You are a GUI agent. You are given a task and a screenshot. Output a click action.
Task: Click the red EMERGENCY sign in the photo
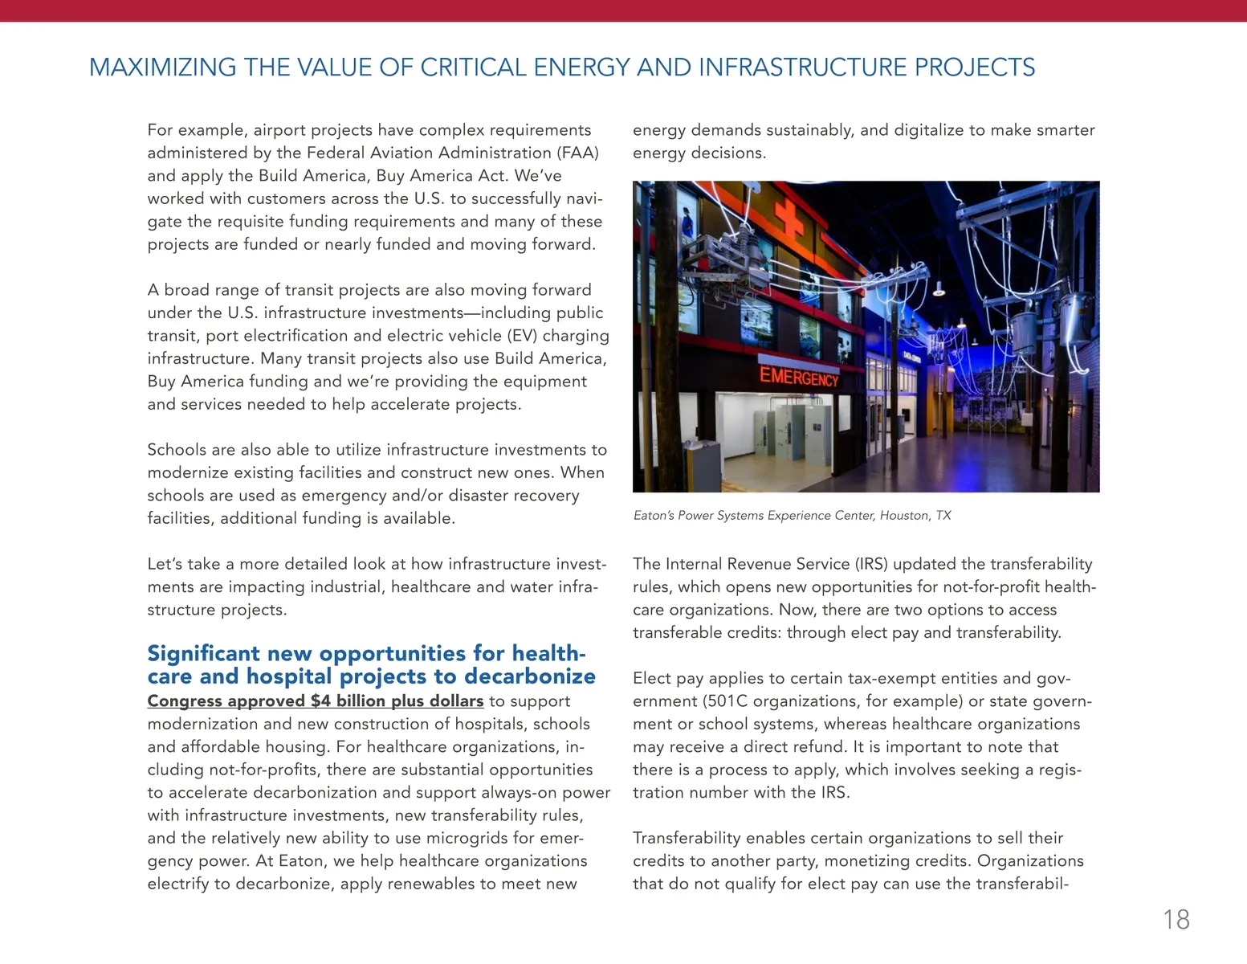click(x=798, y=376)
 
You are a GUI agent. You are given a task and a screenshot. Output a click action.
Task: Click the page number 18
click(x=1176, y=920)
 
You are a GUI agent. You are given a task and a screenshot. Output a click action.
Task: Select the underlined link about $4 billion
click(x=316, y=701)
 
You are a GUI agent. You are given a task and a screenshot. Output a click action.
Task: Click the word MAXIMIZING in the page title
click(x=162, y=67)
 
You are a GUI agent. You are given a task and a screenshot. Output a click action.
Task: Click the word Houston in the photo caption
click(x=905, y=516)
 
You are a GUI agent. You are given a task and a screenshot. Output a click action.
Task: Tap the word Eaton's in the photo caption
click(x=654, y=516)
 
